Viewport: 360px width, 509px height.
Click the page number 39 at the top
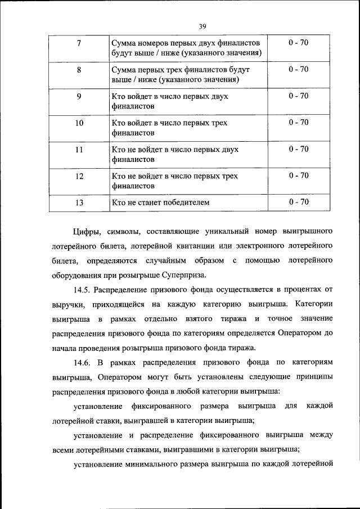[202, 25]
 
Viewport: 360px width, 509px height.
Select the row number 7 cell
[79, 43]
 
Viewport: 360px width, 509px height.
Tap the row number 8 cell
[79, 70]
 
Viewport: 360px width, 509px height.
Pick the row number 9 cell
[79, 96]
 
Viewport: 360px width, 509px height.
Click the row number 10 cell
[79, 123]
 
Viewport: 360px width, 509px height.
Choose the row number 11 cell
[79, 149]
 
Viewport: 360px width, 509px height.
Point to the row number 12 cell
[79, 175]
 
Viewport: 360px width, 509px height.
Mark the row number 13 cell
[79, 202]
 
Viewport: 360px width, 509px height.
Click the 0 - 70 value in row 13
[298, 202]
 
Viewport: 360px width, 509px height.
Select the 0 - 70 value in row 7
[298, 43]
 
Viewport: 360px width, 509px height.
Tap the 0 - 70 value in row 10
[298, 123]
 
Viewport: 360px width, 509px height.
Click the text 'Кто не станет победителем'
[160, 202]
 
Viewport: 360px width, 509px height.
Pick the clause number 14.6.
[83, 362]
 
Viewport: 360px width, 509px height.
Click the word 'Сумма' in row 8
[124, 70]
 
